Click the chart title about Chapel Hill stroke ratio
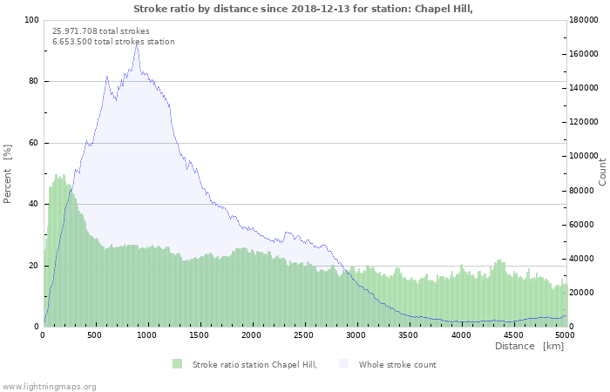point(304,9)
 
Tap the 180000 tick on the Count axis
point(585,20)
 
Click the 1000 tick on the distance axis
point(147,335)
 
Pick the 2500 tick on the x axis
point(303,335)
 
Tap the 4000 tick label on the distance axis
point(460,335)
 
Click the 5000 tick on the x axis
point(564,335)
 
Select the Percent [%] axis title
point(8,173)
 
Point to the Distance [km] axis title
point(529,346)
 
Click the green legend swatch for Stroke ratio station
point(178,364)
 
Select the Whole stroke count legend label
point(397,364)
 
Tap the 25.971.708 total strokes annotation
point(101,30)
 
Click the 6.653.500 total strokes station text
point(113,42)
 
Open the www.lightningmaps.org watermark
point(50,386)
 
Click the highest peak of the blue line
point(136,44)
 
